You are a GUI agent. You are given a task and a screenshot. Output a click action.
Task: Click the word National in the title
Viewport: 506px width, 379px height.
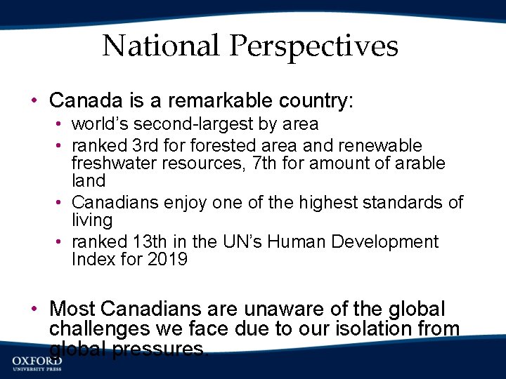tap(162, 46)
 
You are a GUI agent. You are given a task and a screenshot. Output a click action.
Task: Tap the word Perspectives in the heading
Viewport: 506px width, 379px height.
tap(313, 46)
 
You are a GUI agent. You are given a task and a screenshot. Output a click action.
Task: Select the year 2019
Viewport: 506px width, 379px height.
tap(167, 260)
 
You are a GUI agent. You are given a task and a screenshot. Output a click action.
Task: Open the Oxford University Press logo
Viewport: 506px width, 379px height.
tap(37, 362)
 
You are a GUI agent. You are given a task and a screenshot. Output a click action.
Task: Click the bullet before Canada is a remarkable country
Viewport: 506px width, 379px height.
tap(35, 101)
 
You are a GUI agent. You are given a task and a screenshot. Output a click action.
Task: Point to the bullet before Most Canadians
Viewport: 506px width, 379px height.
tap(35, 310)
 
